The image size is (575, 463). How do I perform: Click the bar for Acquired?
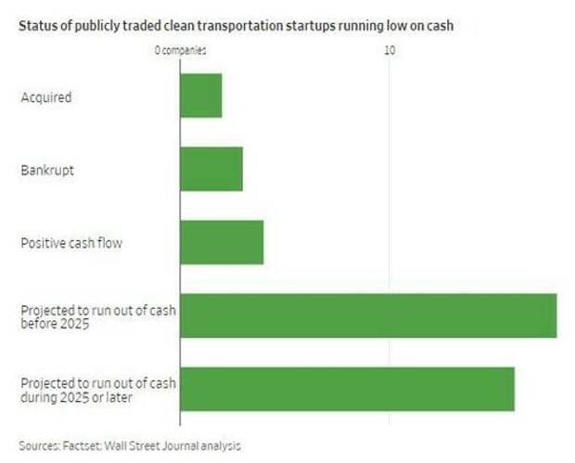click(x=200, y=96)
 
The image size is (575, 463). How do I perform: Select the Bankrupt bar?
click(x=211, y=169)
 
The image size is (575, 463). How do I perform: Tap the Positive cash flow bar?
click(x=221, y=242)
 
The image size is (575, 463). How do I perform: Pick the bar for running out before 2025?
click(x=367, y=315)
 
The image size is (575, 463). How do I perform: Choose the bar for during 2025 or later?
click(x=347, y=389)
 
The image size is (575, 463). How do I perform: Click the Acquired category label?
click(x=45, y=96)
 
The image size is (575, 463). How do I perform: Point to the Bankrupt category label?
click(x=46, y=170)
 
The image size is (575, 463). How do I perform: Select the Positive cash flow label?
click(x=71, y=243)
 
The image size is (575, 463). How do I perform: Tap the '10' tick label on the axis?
click(x=390, y=50)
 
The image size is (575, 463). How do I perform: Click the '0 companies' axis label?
click(x=180, y=50)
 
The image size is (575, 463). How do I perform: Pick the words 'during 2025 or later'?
click(x=77, y=397)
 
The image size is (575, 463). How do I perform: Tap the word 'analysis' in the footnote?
click(x=221, y=445)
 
